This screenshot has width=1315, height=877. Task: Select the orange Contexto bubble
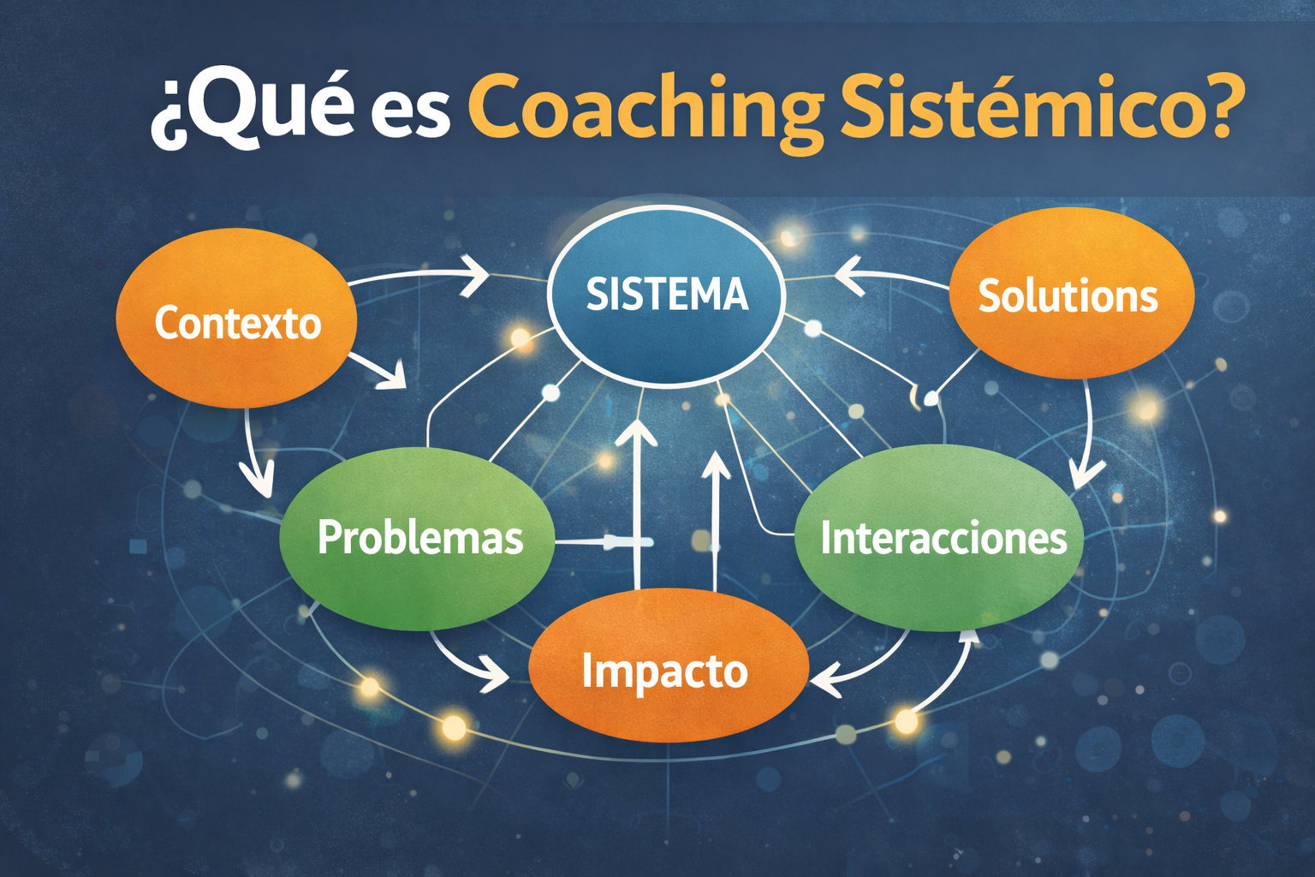click(x=236, y=318)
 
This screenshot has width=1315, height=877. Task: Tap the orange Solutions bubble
click(x=1072, y=293)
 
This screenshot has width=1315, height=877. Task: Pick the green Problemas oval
click(x=417, y=539)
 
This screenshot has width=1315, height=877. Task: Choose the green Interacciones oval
click(x=939, y=538)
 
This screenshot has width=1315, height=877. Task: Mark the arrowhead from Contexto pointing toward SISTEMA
click(x=475, y=276)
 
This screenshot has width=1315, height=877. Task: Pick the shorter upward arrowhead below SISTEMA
click(x=715, y=466)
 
